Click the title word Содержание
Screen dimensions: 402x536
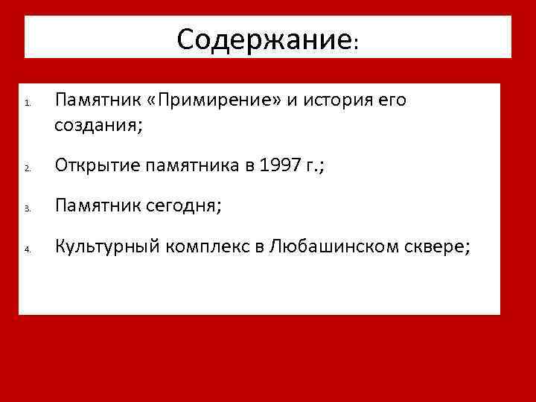coord(264,39)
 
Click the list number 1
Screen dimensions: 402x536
coord(26,103)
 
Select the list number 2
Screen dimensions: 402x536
coord(26,170)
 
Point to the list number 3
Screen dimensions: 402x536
coord(26,211)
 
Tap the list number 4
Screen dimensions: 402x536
coord(26,251)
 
